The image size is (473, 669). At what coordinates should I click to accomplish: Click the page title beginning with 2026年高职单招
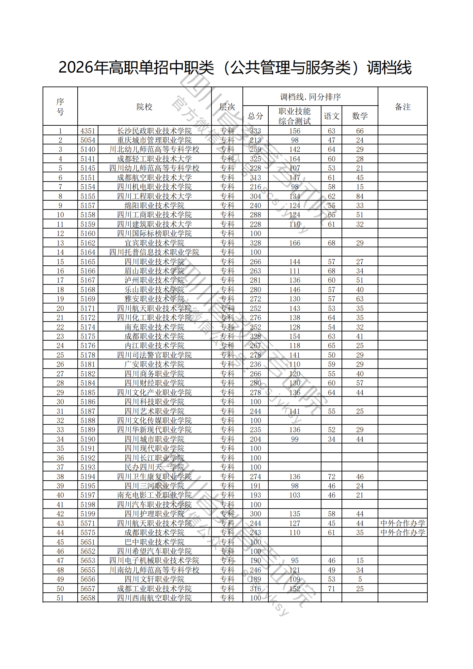235,67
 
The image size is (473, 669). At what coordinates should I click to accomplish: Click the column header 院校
144,107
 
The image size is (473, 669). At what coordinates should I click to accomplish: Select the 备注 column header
403,107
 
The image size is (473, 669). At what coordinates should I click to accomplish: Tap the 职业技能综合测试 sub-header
295,116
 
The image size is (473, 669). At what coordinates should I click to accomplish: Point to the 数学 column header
360,116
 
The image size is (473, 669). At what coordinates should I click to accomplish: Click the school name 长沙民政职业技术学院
154,131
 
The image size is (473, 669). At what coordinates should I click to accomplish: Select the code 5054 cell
88,140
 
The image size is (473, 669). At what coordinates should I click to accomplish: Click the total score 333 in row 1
255,131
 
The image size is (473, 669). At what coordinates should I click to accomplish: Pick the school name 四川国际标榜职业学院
154,234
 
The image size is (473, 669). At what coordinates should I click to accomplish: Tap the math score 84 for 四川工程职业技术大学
360,197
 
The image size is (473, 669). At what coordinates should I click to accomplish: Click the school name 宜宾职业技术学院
154,243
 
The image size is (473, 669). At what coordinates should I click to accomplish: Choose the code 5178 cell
88,355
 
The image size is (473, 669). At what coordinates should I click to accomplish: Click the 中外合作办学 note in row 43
403,523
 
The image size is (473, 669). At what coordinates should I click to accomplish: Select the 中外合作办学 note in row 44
403,533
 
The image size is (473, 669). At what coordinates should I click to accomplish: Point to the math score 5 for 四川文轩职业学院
360,579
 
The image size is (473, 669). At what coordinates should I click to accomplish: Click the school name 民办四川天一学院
154,467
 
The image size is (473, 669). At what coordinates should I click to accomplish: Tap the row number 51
60,598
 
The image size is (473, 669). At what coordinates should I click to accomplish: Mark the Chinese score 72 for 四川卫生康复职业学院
331,477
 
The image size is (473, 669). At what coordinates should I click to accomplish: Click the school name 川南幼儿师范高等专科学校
154,570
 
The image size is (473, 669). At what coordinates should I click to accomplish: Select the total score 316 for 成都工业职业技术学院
255,589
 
